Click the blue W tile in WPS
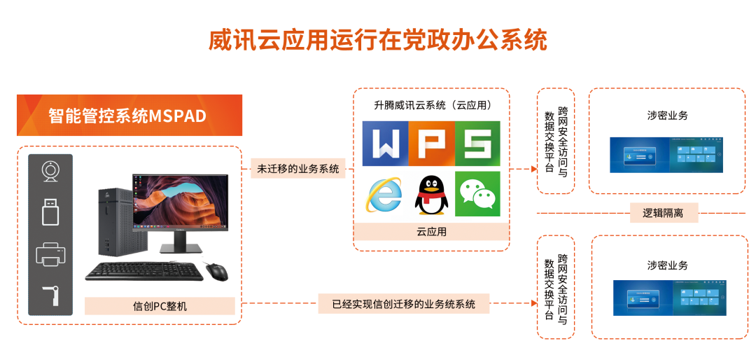(x=385, y=144)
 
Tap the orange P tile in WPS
(x=431, y=144)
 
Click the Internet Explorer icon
(x=384, y=195)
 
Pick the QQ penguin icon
(x=431, y=195)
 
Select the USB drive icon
(x=50, y=212)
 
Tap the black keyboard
(x=144, y=271)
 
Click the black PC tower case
(x=116, y=222)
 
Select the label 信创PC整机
(x=160, y=306)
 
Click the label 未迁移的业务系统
(x=298, y=169)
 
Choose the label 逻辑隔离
(x=664, y=212)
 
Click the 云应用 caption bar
(x=431, y=232)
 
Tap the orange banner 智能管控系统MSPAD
(x=129, y=116)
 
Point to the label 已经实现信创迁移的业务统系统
(x=404, y=304)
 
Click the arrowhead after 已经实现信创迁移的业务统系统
(x=534, y=303)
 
